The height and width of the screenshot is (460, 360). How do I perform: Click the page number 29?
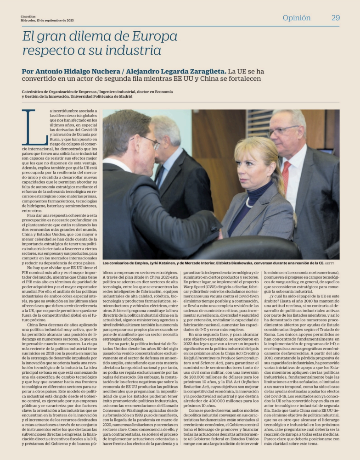[x=335, y=18]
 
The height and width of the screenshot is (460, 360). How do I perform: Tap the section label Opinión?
[x=296, y=18]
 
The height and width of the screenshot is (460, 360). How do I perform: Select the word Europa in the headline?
[x=151, y=36]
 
